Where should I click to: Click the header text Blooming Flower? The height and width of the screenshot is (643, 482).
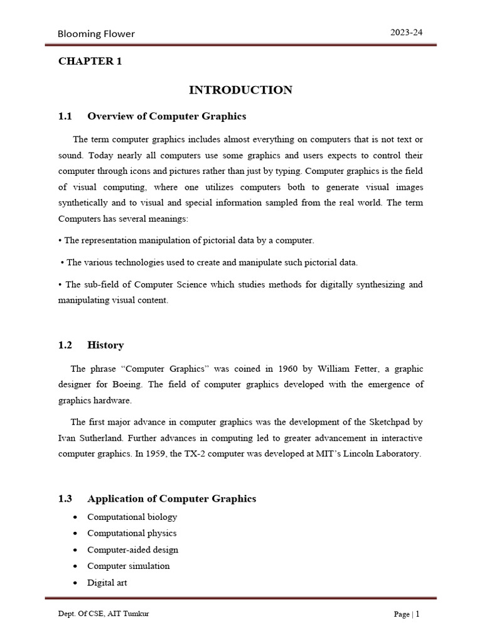[96, 34]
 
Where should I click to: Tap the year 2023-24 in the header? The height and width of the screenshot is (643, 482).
[407, 33]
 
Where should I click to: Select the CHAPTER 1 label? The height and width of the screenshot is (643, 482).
[90, 61]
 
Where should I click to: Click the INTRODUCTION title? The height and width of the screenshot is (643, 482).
[240, 90]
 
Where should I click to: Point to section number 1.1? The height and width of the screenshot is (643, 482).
[65, 116]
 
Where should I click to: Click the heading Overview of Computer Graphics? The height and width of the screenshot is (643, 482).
[166, 116]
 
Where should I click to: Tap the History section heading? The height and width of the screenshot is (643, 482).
[105, 345]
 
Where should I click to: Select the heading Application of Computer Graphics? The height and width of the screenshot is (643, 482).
[171, 499]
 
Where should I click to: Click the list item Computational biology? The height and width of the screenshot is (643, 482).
[132, 517]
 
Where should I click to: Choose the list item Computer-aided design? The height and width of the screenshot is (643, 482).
[132, 549]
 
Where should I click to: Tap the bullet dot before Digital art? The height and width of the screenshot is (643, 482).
[75, 583]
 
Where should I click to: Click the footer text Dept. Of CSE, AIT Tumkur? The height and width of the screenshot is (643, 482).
[103, 614]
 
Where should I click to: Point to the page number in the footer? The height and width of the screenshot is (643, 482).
[417, 614]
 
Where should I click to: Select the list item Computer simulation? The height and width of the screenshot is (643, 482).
[128, 566]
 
